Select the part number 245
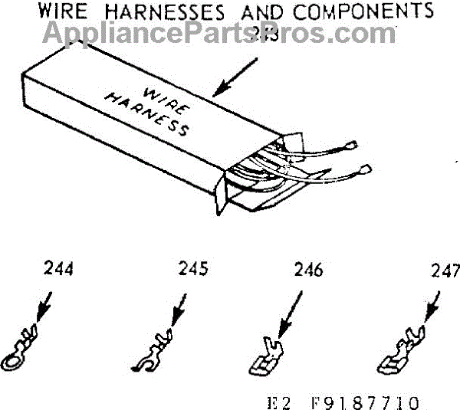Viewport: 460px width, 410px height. tap(192, 271)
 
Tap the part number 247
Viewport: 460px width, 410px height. tap(444, 271)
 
